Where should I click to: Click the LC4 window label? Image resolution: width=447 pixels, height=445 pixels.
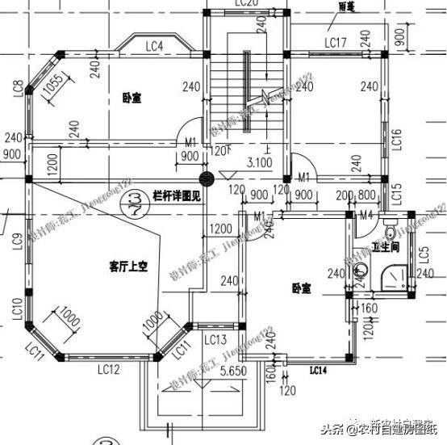155,46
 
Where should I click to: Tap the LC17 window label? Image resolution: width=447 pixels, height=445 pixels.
336,42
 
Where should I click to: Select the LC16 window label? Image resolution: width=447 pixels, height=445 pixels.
396,141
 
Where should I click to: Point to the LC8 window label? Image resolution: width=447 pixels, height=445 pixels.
18,90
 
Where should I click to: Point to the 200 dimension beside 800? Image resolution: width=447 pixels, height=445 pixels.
345,195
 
